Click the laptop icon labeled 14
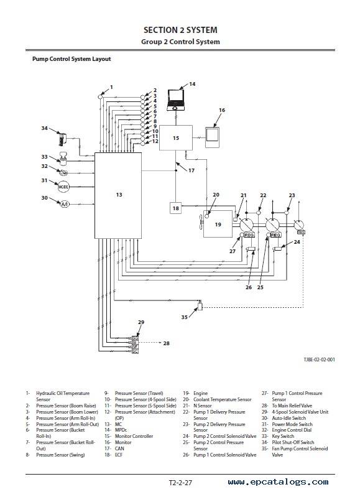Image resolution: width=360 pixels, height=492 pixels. [x=175, y=100]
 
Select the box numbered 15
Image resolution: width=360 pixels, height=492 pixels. [x=176, y=137]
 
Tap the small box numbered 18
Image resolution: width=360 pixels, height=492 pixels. [x=175, y=208]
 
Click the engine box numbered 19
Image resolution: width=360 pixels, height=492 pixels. [x=218, y=224]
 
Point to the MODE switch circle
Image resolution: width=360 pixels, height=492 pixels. [x=63, y=187]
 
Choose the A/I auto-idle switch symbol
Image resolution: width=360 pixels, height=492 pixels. [x=64, y=204]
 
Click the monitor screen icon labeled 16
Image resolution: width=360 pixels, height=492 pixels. [x=212, y=137]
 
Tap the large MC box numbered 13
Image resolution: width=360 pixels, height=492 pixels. [x=118, y=195]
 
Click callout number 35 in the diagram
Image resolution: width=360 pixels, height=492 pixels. [x=185, y=317]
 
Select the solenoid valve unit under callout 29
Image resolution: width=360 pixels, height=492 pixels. [x=135, y=345]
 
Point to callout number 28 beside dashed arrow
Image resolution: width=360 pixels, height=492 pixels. [x=166, y=343]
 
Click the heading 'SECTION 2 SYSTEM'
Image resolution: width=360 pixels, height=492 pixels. [x=180, y=30]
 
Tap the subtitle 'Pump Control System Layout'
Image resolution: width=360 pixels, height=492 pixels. [x=72, y=59]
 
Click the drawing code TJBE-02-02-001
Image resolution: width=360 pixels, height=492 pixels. [x=319, y=360]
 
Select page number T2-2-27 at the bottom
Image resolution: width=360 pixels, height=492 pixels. [x=180, y=483]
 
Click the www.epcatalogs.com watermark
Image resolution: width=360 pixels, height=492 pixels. [x=279, y=482]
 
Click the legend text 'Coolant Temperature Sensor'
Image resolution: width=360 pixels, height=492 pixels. [x=223, y=399]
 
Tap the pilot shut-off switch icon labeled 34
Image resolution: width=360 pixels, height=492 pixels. [x=63, y=139]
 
